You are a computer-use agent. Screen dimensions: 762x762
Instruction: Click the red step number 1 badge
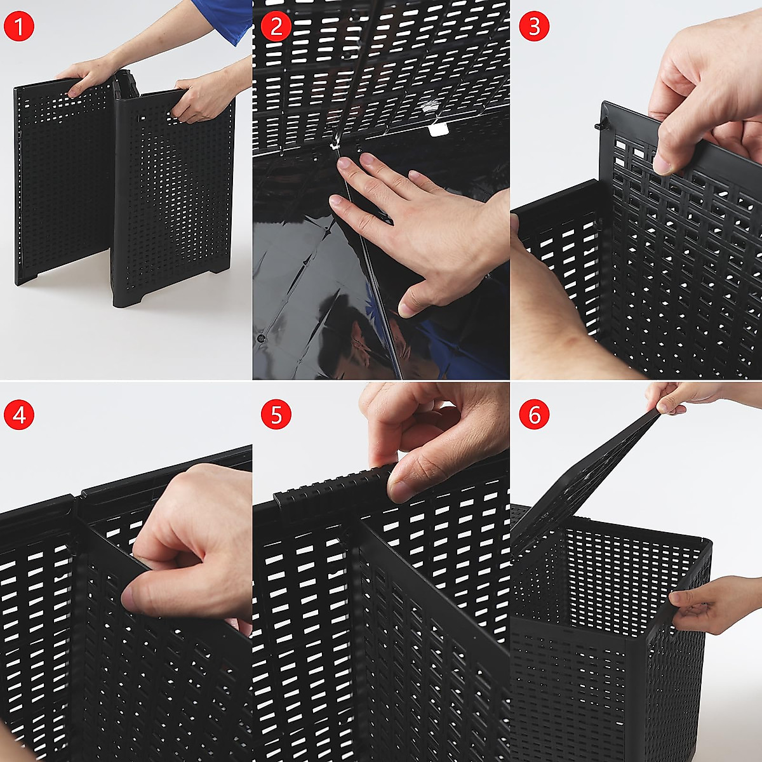coord(19,27)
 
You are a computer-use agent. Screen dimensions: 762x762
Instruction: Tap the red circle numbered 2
coord(276,27)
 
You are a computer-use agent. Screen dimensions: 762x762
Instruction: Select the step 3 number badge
coord(533,27)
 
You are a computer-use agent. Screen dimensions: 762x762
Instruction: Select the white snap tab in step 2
coord(436,130)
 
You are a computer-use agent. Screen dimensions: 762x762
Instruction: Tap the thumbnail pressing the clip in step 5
coord(399,490)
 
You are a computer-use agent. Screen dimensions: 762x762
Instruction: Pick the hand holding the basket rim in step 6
coord(705,603)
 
